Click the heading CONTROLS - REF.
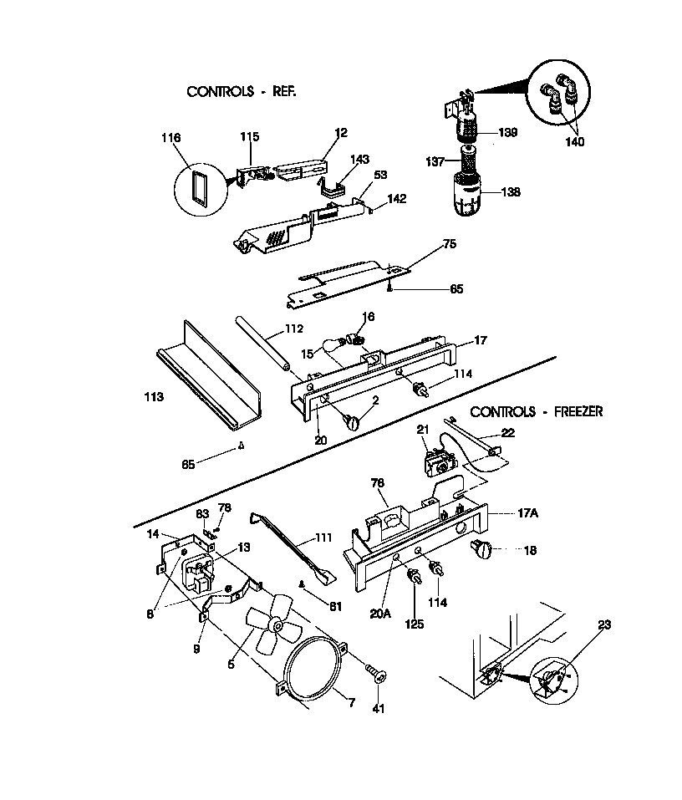pyautogui.click(x=241, y=91)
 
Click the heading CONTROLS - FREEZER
pyautogui.click(x=536, y=412)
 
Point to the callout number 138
pyautogui.click(x=509, y=191)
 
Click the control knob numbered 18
pyautogui.click(x=482, y=549)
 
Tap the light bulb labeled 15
pyautogui.click(x=336, y=344)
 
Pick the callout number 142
pyautogui.click(x=396, y=199)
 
